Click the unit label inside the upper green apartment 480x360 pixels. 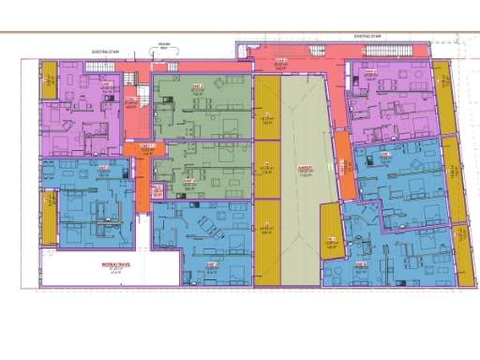[198, 85]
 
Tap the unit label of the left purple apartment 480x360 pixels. [105, 83]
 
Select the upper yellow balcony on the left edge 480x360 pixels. [49, 82]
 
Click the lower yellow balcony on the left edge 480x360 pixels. [50, 215]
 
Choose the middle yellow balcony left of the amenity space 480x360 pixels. [267, 170]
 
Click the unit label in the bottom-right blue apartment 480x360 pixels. [359, 265]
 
